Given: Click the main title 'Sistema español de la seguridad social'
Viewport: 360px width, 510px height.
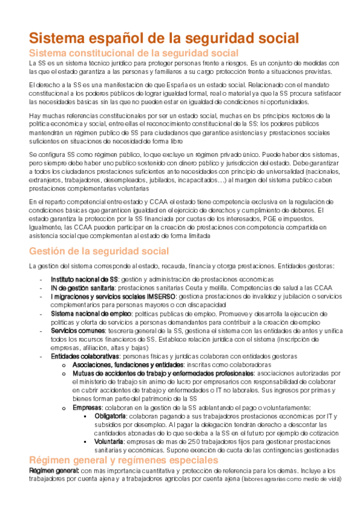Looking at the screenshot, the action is click(x=164, y=38).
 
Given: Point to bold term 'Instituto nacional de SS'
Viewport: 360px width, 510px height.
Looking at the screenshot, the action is click(x=84, y=280).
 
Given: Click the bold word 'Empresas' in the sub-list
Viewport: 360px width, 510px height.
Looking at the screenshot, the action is click(x=87, y=408).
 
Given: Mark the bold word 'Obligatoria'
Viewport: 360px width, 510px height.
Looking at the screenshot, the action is click(x=111, y=417).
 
